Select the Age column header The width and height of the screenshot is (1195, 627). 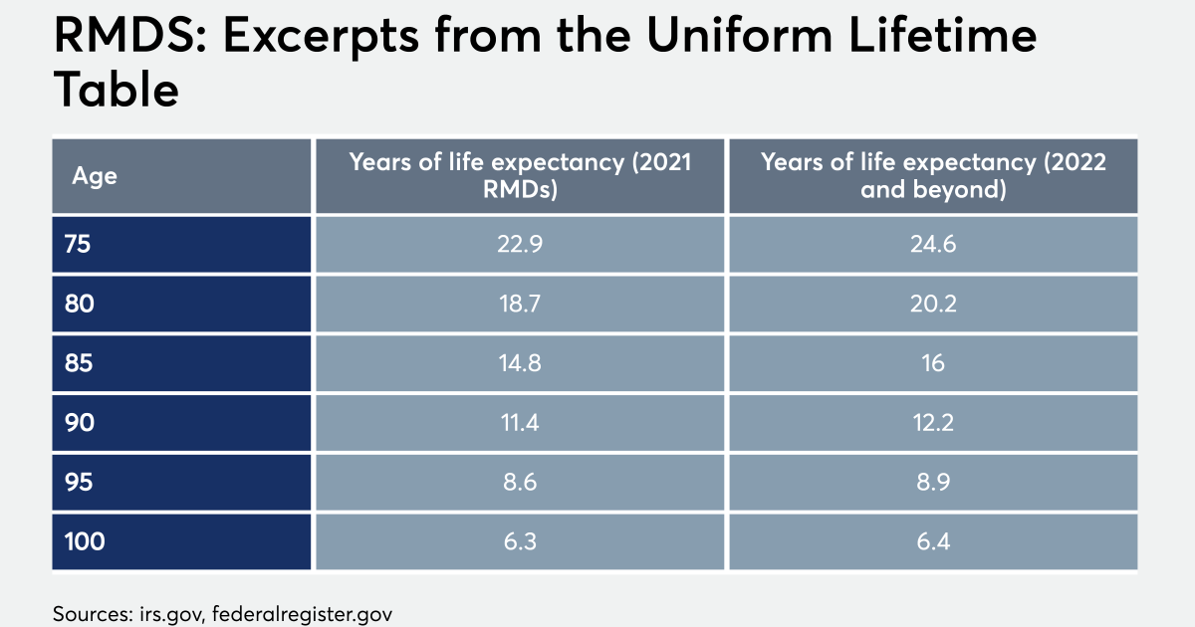click(x=95, y=176)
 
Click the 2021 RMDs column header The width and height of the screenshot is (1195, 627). click(x=520, y=176)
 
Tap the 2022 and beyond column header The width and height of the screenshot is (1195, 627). click(x=933, y=176)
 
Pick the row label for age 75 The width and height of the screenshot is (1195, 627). click(x=79, y=244)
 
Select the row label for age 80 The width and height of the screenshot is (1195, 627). click(x=79, y=304)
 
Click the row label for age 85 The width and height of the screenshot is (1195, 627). click(x=79, y=363)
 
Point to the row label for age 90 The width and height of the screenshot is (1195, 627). click(x=79, y=423)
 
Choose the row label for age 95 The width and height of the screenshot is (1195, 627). click(x=79, y=483)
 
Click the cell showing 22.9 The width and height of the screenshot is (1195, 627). click(x=520, y=244)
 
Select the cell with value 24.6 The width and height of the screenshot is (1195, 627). click(x=933, y=244)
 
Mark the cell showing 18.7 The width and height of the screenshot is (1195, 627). click(x=520, y=304)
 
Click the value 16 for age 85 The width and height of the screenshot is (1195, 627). click(x=933, y=363)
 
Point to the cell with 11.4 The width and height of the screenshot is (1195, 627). click(x=520, y=423)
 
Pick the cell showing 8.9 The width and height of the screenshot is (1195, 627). click(x=933, y=483)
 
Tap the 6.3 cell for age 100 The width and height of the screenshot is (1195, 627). click(x=520, y=542)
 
